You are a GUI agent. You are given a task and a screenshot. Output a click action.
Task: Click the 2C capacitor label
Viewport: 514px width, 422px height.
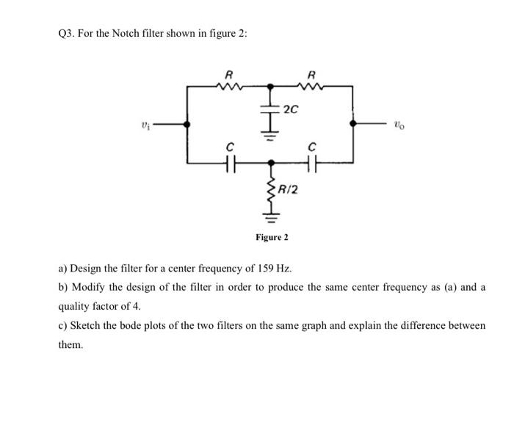(291, 110)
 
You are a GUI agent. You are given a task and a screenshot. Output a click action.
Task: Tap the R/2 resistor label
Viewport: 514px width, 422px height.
(289, 190)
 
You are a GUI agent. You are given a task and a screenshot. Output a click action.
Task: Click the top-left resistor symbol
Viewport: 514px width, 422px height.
(229, 87)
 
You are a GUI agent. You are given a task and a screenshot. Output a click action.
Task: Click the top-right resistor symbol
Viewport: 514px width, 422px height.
(313, 87)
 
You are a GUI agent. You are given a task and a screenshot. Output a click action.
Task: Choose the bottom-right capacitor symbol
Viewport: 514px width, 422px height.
(313, 162)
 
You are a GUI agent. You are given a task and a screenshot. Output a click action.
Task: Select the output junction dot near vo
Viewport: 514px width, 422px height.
(354, 125)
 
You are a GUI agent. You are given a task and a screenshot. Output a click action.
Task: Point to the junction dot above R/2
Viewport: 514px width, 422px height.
(271, 162)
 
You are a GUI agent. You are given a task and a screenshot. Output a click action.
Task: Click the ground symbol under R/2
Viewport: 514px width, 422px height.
(271, 218)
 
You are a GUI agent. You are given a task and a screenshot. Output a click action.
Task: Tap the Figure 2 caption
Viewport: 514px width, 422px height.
(272, 237)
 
